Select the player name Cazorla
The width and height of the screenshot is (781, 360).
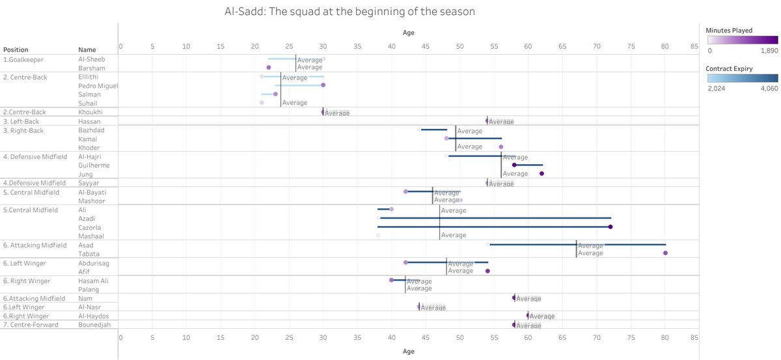tap(90, 227)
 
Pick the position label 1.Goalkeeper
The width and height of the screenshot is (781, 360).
tap(23, 59)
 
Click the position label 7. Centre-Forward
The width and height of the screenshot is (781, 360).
tap(31, 325)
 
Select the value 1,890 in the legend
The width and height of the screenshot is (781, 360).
tap(769, 50)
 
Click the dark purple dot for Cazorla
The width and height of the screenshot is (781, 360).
tap(610, 227)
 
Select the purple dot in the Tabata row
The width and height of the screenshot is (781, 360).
tap(665, 253)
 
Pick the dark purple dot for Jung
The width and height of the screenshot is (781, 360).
tap(541, 174)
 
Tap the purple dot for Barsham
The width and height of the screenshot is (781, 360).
tap(268, 67)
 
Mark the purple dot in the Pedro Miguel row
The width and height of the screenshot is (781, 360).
tap(323, 85)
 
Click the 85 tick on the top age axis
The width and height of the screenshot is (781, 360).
tap(694, 46)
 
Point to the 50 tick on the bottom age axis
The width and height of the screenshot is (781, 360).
tap(459, 338)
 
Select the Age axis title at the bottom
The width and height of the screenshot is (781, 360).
tap(407, 351)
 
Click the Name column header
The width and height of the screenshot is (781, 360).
tap(87, 49)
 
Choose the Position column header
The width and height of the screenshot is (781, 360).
tap(16, 49)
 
